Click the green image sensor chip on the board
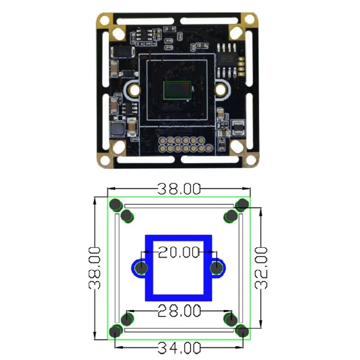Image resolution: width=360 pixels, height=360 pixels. (x=178, y=90)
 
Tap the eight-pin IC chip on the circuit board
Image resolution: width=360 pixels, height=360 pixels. (x=227, y=54)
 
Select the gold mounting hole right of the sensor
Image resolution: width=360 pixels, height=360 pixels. (x=221, y=90)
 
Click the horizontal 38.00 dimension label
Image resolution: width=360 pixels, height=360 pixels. (x=179, y=189)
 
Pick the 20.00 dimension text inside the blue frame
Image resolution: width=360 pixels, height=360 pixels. (x=179, y=252)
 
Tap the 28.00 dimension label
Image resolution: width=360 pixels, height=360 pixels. (x=179, y=310)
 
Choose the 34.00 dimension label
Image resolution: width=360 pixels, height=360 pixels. (x=179, y=347)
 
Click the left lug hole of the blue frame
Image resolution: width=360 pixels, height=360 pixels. (x=142, y=268)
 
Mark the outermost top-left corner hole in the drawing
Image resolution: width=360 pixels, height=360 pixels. (x=116, y=205)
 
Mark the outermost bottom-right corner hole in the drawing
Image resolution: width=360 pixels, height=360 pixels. (x=243, y=332)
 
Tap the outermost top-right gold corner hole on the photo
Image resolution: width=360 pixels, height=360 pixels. (x=247, y=19)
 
